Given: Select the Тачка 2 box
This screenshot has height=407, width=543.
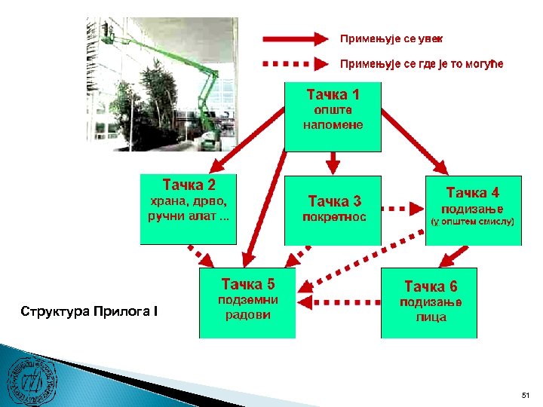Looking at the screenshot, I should [189, 210].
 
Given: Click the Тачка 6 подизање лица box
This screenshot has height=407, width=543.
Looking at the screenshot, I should [429, 302].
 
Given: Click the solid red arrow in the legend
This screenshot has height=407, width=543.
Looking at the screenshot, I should [295, 38].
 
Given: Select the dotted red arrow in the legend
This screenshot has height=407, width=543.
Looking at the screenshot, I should [295, 63].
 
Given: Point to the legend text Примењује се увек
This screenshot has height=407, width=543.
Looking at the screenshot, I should [391, 38].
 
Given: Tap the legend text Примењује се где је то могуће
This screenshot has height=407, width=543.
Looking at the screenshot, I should [422, 63].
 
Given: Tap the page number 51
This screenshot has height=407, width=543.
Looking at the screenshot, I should [525, 395].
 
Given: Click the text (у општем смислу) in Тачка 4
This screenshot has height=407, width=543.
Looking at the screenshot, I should [473, 222].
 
